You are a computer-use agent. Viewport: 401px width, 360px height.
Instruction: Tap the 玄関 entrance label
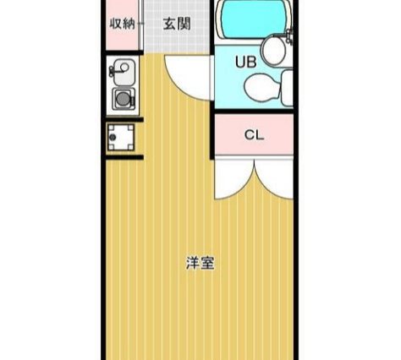point(177,24)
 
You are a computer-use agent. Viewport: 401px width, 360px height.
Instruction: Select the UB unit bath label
point(246,62)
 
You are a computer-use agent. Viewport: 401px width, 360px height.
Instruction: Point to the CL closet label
point(254,135)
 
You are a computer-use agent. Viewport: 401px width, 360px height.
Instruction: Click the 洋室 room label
point(200,263)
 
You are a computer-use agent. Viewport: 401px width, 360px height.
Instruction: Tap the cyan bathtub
point(254,19)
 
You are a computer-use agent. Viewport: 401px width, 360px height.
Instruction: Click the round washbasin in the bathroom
point(273,51)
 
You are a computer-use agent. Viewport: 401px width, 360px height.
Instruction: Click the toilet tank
point(287,88)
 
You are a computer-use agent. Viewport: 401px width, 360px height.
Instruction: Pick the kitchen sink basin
point(124,72)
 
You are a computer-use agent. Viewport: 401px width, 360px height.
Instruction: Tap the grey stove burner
point(123,99)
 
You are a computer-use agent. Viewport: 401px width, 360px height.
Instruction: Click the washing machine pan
point(121,137)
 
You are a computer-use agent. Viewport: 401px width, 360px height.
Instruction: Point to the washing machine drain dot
point(113,138)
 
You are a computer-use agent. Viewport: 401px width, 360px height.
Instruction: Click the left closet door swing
point(234,179)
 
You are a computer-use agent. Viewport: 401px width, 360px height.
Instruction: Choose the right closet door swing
point(274,179)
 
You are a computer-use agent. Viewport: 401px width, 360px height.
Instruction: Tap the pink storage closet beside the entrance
point(122,25)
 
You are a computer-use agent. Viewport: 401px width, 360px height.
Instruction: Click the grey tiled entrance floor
point(177,26)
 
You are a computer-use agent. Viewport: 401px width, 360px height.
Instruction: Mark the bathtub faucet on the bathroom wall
point(289,35)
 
